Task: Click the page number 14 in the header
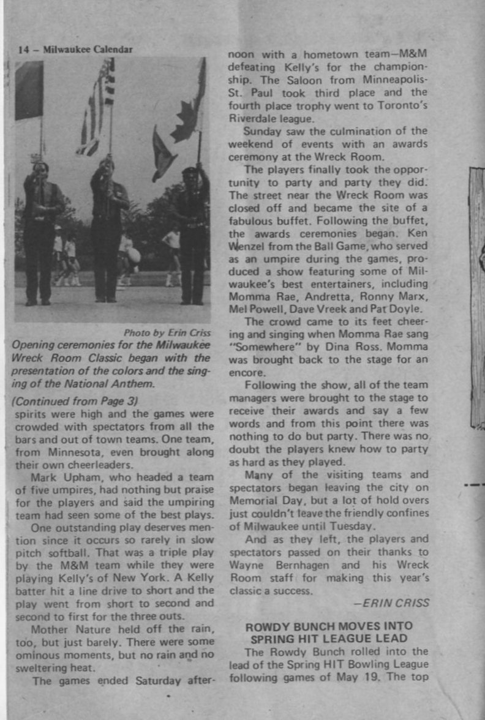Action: [x=23, y=50]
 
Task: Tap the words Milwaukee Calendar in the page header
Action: [x=88, y=50]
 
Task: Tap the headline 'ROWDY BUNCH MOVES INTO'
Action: [x=329, y=626]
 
